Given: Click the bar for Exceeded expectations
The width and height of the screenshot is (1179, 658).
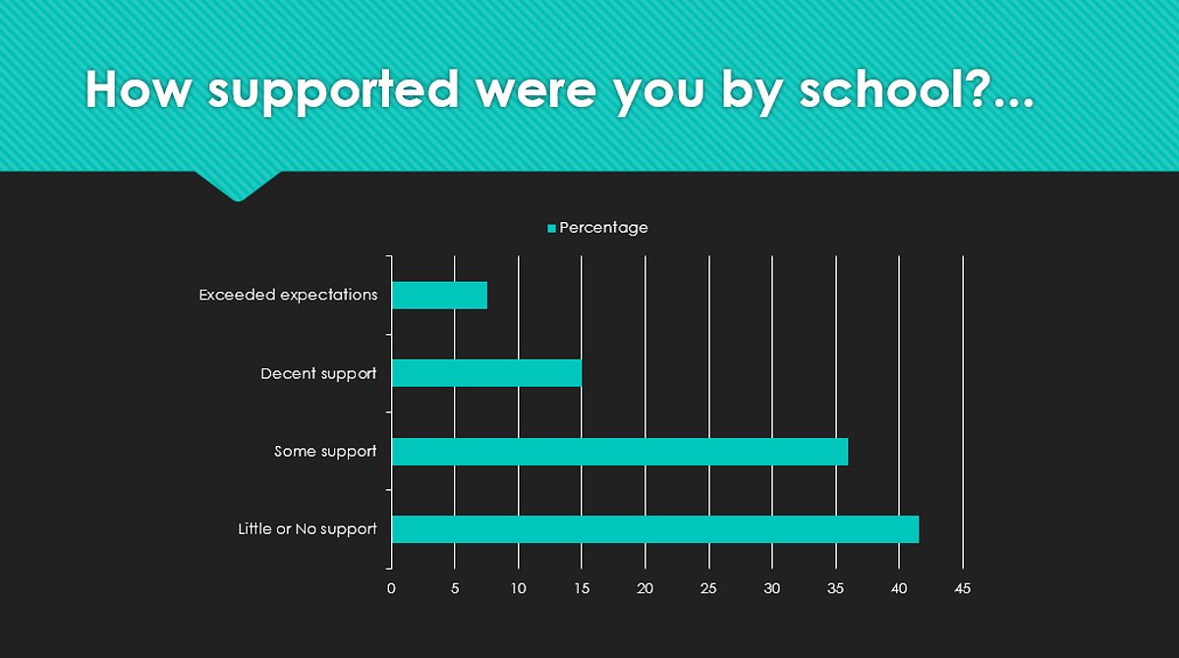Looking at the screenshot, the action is click(x=439, y=295).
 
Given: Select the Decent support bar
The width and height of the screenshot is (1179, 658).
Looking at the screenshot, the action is click(x=487, y=373).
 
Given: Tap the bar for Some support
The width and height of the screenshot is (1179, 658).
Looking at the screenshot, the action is click(x=620, y=452).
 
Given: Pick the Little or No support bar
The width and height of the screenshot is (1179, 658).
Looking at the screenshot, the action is click(x=655, y=529).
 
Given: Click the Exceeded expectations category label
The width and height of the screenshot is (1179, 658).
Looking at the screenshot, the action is click(x=288, y=295).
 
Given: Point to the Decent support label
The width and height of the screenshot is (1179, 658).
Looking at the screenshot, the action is click(x=318, y=374).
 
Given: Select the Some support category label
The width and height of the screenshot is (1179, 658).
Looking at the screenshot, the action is click(x=325, y=452).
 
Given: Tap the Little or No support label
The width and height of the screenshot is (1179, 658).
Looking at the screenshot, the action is click(x=308, y=529).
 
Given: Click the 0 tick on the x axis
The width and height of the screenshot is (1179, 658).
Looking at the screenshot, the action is click(x=391, y=588).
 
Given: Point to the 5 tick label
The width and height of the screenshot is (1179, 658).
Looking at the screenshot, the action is click(x=455, y=588).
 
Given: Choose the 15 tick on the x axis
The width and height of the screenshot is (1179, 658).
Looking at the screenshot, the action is click(x=582, y=588).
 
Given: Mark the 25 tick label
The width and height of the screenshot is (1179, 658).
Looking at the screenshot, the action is click(x=708, y=588).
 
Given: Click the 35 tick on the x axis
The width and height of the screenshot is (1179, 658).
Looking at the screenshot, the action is click(x=835, y=588).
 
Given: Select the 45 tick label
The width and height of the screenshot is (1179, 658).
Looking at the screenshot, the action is click(x=962, y=588).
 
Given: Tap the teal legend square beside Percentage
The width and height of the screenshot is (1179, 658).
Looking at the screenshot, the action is click(x=551, y=228).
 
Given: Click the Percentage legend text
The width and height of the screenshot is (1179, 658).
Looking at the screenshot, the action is click(x=603, y=228).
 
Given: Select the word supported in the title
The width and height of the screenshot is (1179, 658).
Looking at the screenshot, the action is click(x=333, y=92).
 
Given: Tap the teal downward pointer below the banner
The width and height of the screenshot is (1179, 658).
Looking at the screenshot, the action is click(x=239, y=187).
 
